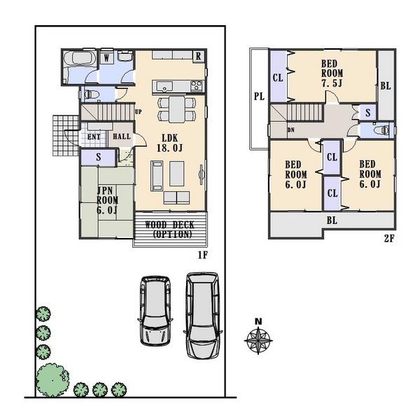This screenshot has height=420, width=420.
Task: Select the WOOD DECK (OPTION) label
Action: (169, 230)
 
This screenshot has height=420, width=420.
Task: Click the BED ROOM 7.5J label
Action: (331, 73)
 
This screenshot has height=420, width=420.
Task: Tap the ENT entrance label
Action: (93, 137)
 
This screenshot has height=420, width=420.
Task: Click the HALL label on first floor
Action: (120, 137)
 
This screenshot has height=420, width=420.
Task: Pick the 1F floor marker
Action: (202, 255)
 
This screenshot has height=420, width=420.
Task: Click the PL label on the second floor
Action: (258, 97)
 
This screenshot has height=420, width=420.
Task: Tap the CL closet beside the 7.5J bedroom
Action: (278, 77)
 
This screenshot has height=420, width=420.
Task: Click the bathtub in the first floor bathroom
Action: (79, 62)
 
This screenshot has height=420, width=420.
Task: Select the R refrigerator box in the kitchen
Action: (198, 56)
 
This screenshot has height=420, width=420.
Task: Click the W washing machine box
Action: (106, 57)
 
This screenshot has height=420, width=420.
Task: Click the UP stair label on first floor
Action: (138, 111)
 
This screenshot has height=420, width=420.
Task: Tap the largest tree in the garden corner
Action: (50, 378)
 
